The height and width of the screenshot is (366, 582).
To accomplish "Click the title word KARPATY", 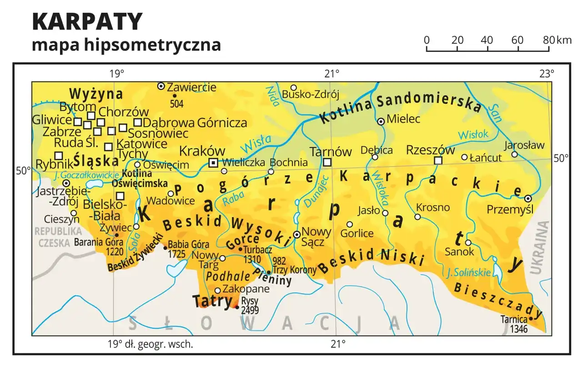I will (87, 21).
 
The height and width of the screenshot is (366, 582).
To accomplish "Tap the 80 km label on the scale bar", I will (548, 40).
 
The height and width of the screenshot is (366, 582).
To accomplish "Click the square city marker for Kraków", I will (213, 163).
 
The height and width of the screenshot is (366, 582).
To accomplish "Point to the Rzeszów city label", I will (430, 150).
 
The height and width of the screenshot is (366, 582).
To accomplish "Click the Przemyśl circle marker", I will (528, 198).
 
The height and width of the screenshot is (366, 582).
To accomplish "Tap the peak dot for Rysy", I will (237, 307).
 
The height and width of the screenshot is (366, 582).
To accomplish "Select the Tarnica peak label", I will (514, 319).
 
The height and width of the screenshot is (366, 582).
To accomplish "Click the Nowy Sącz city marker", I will (296, 235).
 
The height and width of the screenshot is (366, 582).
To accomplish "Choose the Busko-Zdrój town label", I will (311, 94).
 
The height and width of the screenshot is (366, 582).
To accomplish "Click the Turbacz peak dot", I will (241, 249).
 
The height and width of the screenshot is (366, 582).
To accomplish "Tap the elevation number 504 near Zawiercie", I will (176, 104).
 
